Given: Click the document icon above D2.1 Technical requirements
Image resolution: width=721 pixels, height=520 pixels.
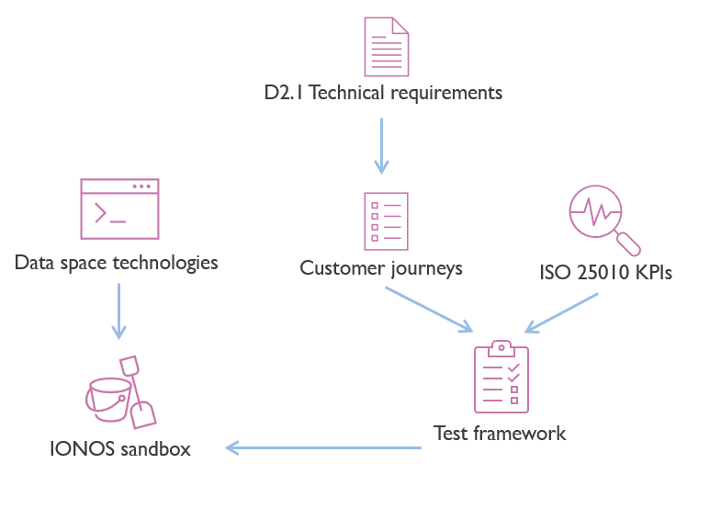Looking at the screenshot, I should pos(385,48).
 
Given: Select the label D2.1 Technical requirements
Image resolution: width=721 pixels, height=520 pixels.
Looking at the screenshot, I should pos(382,93).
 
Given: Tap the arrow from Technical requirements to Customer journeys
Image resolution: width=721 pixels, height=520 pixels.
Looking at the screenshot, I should pos(381,145).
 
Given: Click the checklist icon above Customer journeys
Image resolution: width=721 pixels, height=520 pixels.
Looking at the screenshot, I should pos(385,220).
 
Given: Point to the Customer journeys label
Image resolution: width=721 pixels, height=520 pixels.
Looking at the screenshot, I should pos(380,268).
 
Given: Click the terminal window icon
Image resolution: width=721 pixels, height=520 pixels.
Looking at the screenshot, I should pos(119,208).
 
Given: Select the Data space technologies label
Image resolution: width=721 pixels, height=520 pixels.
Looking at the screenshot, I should pos(117,263).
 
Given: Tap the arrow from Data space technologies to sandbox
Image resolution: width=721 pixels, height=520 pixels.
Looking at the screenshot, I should pos(118,311).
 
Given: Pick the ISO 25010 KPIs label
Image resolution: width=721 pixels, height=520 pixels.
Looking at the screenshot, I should pos(606,272).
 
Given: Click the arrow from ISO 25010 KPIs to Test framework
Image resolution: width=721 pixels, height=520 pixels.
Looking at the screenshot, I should pos(561,313).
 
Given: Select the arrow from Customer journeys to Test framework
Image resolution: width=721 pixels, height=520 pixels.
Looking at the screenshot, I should pos(429,310).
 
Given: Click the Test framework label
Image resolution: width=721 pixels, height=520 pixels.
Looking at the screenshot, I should pos(500,433).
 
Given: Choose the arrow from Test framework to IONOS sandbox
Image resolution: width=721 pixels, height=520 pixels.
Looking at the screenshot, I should pos(323,447).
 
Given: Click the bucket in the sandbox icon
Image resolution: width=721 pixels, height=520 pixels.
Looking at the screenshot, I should pos(107,399).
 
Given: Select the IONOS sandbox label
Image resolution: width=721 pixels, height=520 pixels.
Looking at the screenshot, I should pos(120,449).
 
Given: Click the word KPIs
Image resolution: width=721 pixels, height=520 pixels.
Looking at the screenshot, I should pos(649,272).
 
